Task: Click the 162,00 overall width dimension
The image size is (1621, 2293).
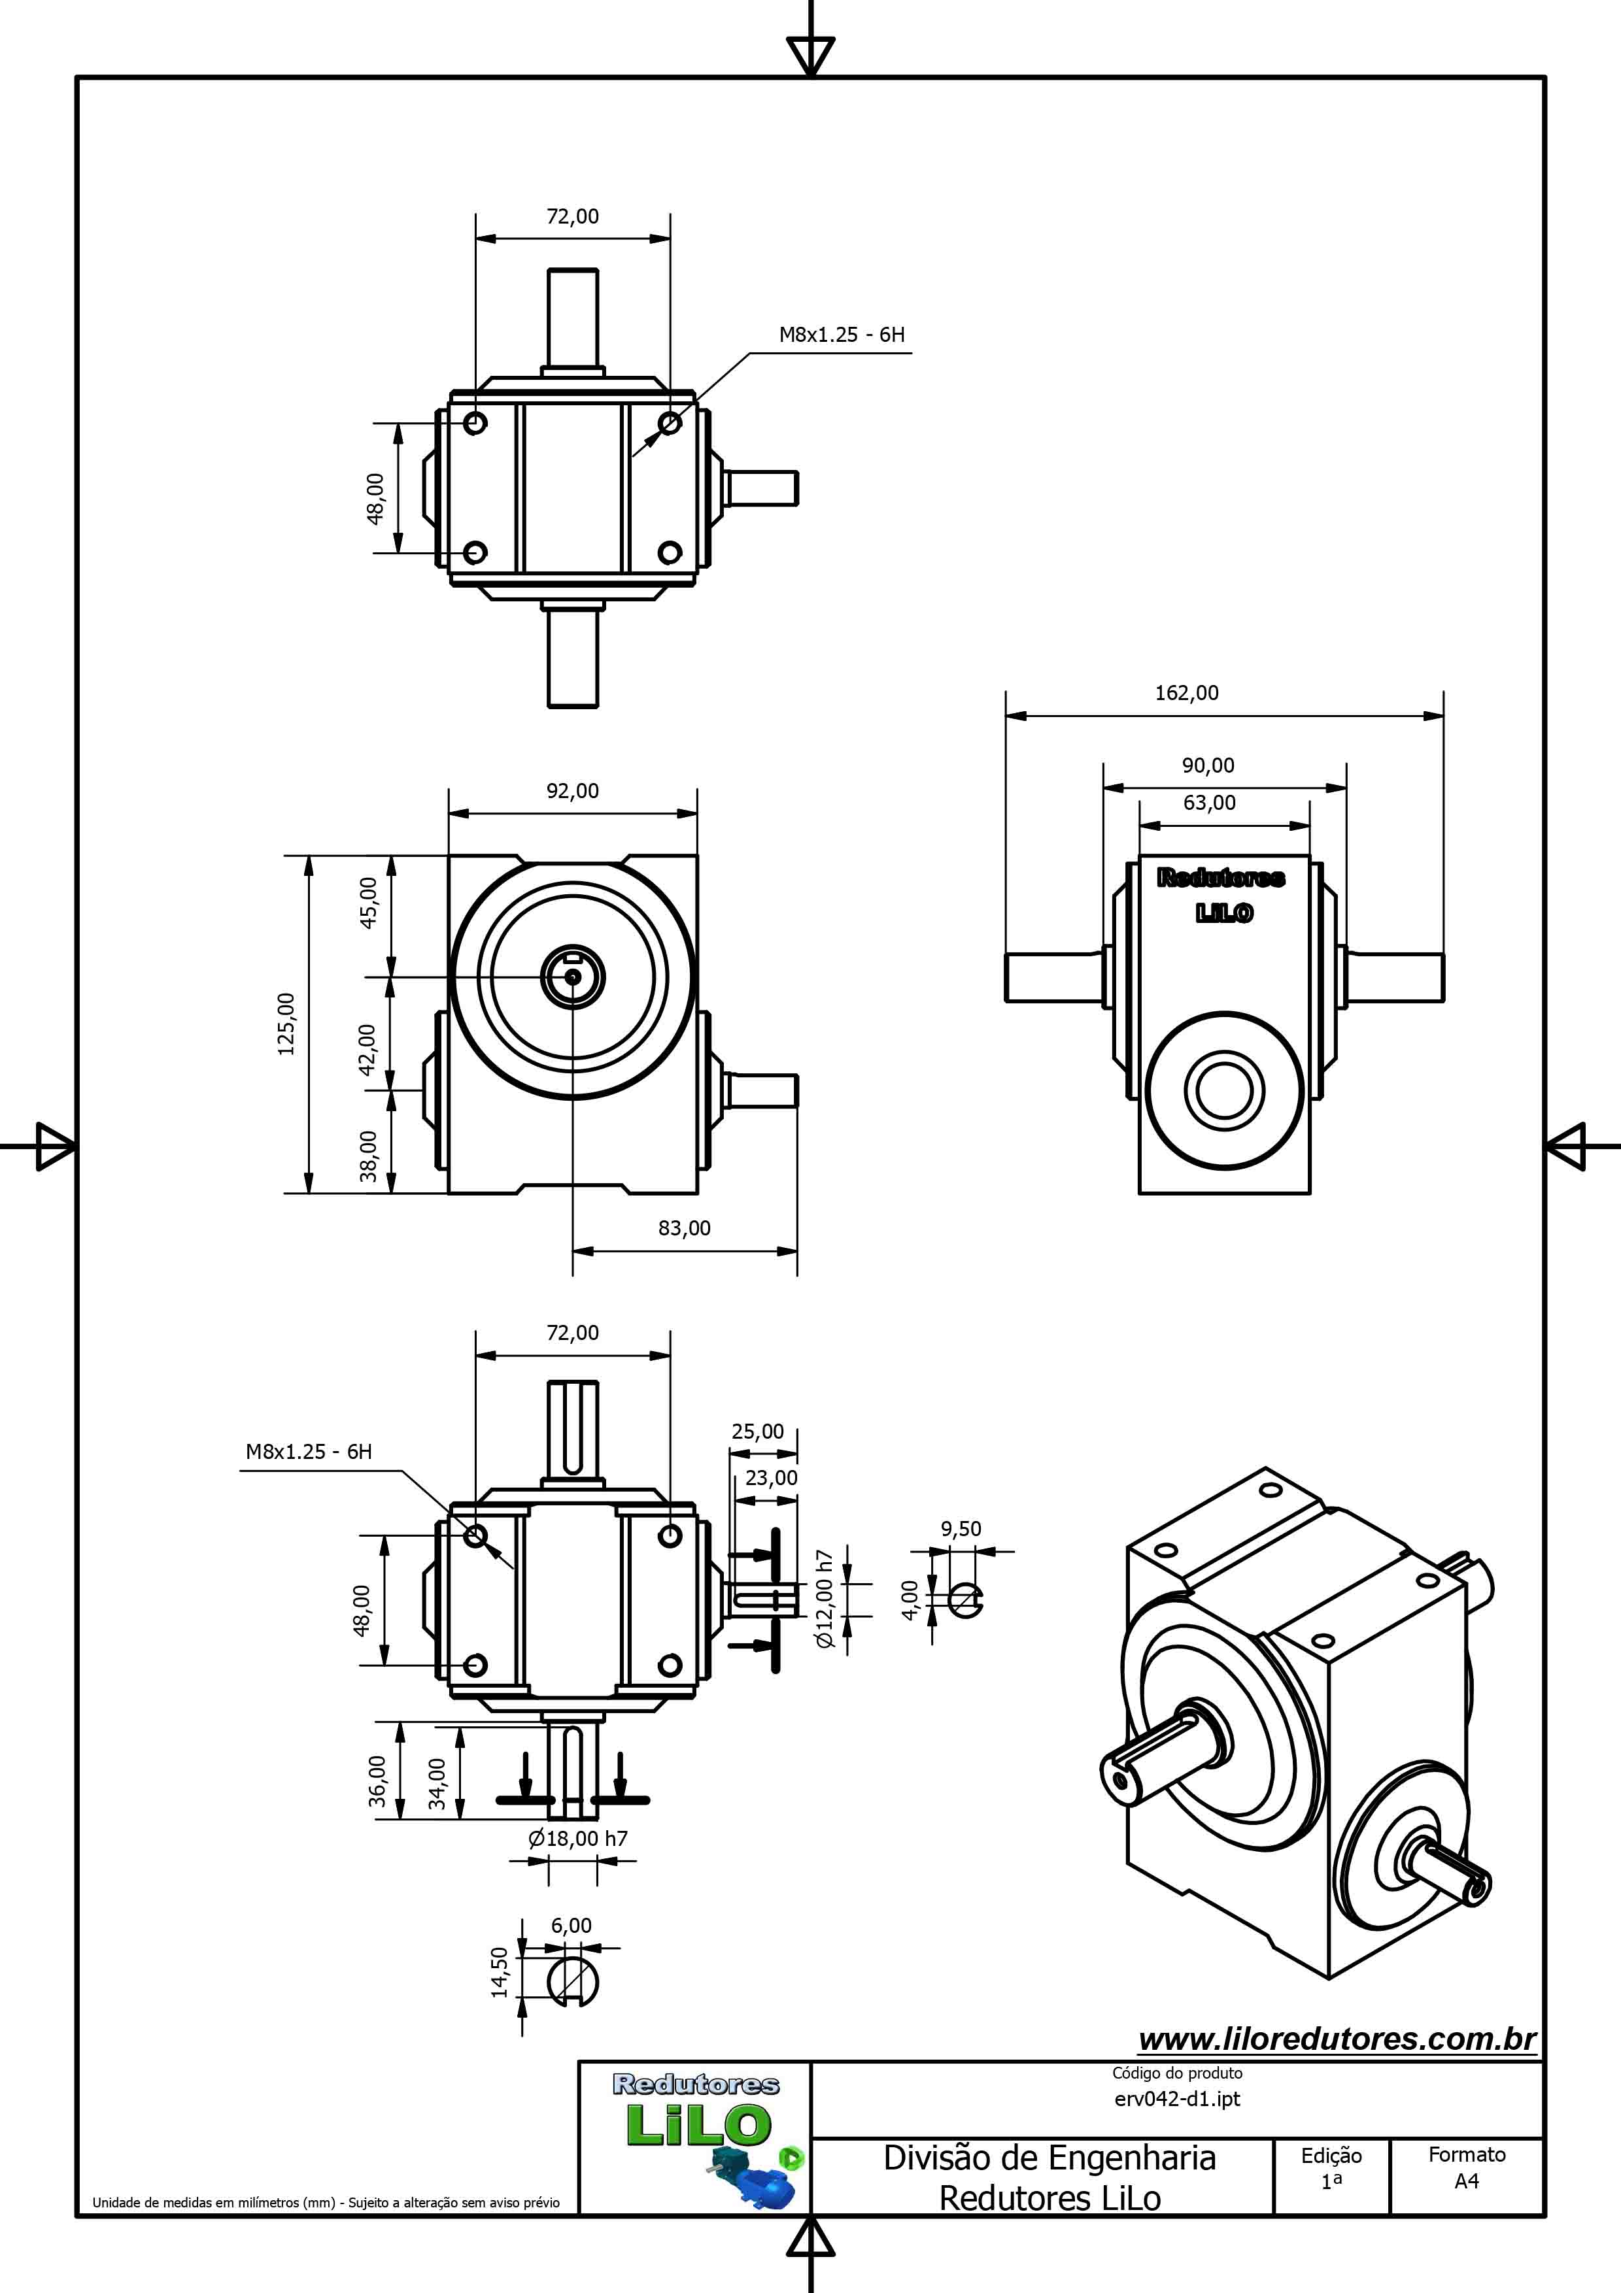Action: (x=1187, y=693)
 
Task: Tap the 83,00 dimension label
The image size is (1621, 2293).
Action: (x=684, y=1228)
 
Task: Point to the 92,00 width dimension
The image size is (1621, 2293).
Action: (x=572, y=791)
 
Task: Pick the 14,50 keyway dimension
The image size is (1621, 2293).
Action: (x=500, y=1973)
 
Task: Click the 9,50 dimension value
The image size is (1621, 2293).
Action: (x=961, y=1529)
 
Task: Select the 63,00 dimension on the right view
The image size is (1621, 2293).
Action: (x=1210, y=803)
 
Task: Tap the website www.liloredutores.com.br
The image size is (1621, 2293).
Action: (x=1337, y=2039)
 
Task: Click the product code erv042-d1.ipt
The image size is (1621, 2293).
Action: (x=1178, y=2100)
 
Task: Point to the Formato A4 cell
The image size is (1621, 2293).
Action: (x=1466, y=2167)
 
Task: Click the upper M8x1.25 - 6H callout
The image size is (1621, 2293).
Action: (x=842, y=335)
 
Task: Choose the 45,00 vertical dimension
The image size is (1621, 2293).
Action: (x=369, y=903)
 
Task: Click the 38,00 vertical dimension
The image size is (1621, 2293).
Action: (x=369, y=1156)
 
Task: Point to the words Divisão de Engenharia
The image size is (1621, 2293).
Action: (x=1049, y=2158)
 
